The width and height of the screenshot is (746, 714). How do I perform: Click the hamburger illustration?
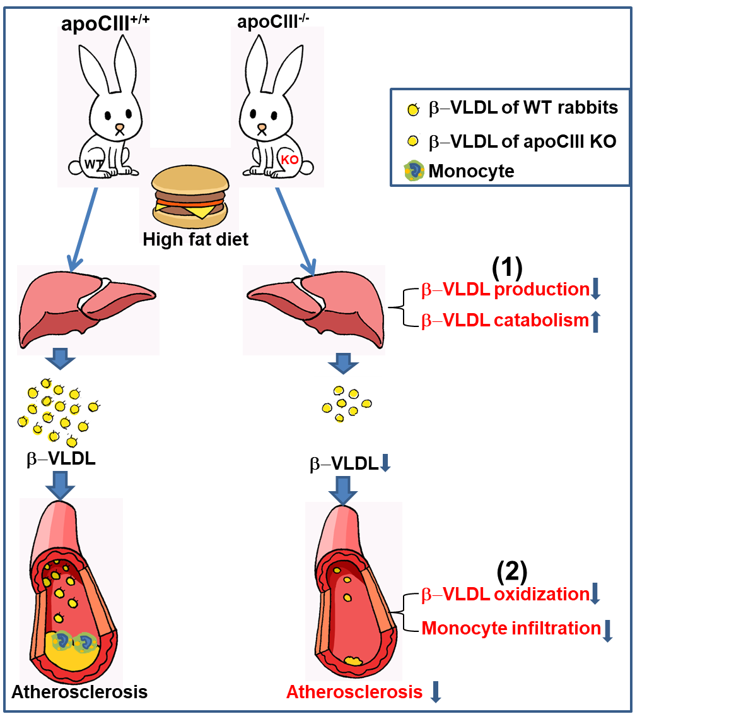[x=190, y=196]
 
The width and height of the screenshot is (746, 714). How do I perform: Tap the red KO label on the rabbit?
[x=289, y=160]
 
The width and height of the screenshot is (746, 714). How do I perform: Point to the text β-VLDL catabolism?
[x=505, y=321]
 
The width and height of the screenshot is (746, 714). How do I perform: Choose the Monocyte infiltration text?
[x=511, y=628]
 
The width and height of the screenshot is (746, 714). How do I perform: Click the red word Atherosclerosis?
[x=354, y=692]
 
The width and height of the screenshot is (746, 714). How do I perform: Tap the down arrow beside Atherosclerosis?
[x=435, y=692]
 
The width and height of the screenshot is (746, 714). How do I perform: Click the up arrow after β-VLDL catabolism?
[x=596, y=321]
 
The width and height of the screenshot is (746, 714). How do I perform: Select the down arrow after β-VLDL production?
[x=596, y=289]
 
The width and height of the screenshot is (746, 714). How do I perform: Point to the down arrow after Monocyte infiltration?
[x=607, y=631]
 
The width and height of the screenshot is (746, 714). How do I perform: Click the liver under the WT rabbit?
[x=88, y=310]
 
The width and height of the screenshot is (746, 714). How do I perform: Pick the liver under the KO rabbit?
[x=315, y=310]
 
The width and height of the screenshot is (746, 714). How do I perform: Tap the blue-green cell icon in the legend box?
[x=414, y=170]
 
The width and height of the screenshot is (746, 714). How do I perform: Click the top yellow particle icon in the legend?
[x=413, y=109]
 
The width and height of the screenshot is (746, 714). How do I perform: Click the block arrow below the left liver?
[x=60, y=359]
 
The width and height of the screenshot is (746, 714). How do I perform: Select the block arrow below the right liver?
[x=343, y=363]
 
